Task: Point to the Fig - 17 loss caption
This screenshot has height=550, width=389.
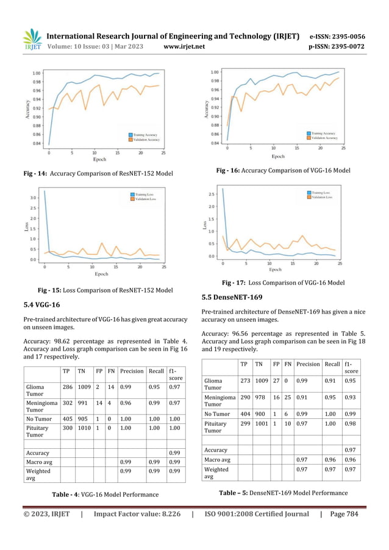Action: click(x=284, y=283)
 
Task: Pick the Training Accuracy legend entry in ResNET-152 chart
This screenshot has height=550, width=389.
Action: click(x=145, y=134)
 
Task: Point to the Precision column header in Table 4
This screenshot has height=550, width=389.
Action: click(x=132, y=370)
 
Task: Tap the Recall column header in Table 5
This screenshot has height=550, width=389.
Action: click(x=332, y=364)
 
